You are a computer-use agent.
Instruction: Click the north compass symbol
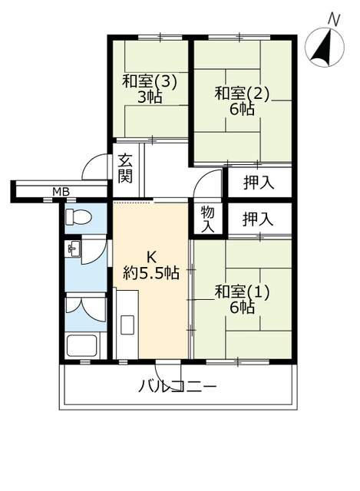324,48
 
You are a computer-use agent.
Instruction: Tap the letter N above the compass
334,20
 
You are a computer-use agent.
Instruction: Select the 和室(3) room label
150,81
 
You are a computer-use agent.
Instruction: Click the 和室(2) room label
242,93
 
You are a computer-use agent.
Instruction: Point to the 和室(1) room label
242,292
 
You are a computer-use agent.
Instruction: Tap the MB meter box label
61,191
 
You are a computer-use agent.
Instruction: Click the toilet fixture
78,216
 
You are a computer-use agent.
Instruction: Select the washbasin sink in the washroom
73,249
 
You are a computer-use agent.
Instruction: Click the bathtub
82,345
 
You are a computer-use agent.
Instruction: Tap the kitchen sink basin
127,325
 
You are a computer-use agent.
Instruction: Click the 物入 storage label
208,219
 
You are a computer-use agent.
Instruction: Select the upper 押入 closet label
259,183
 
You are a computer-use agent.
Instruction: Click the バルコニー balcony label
177,386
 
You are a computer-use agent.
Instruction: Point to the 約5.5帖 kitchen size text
151,273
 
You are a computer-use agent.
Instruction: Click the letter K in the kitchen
152,258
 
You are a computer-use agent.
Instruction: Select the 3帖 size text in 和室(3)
150,97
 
